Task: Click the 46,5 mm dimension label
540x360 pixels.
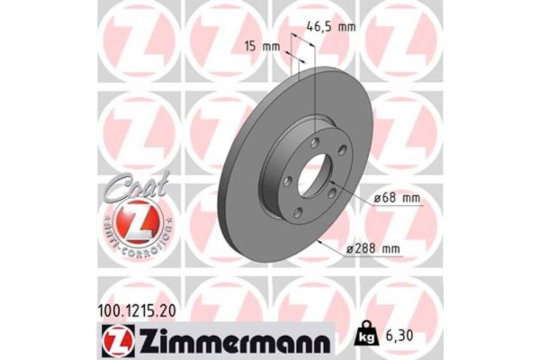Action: tap(332, 28)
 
